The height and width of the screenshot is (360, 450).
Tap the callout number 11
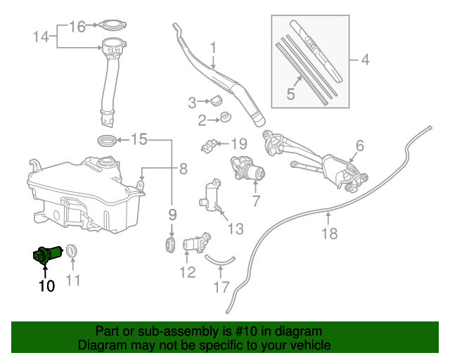pyautogui.click(x=73, y=281)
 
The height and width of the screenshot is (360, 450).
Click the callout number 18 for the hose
pyautogui.click(x=329, y=233)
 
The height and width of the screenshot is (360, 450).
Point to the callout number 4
pyautogui.click(x=364, y=60)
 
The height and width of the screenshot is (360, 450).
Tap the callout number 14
pyautogui.click(x=41, y=36)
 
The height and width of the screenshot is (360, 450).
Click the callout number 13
pyautogui.click(x=235, y=229)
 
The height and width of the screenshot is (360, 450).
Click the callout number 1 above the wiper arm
pyautogui.click(x=212, y=49)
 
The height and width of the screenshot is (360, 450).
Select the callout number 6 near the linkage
pyautogui.click(x=359, y=146)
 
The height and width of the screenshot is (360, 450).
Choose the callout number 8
pyautogui.click(x=183, y=169)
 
